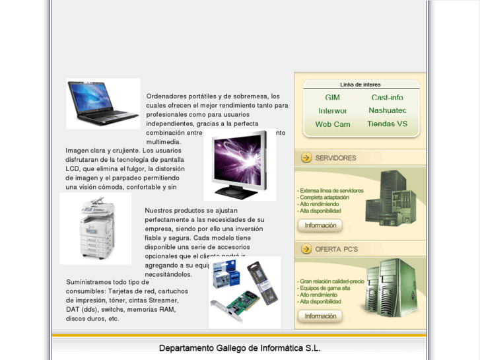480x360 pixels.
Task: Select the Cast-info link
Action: point(387,98)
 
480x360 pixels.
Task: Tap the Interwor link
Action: point(333,111)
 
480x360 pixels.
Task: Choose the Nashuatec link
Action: point(387,110)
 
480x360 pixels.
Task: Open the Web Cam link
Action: point(333,124)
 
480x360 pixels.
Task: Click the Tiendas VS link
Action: point(387,124)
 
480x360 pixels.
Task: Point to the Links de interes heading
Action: point(360,85)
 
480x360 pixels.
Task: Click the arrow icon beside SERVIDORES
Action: point(306,158)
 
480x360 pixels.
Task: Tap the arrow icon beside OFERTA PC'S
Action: point(306,249)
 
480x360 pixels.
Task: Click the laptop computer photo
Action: point(103,103)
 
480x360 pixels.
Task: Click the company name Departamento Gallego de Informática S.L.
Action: point(240,348)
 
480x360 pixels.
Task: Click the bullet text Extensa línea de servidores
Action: point(331,191)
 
